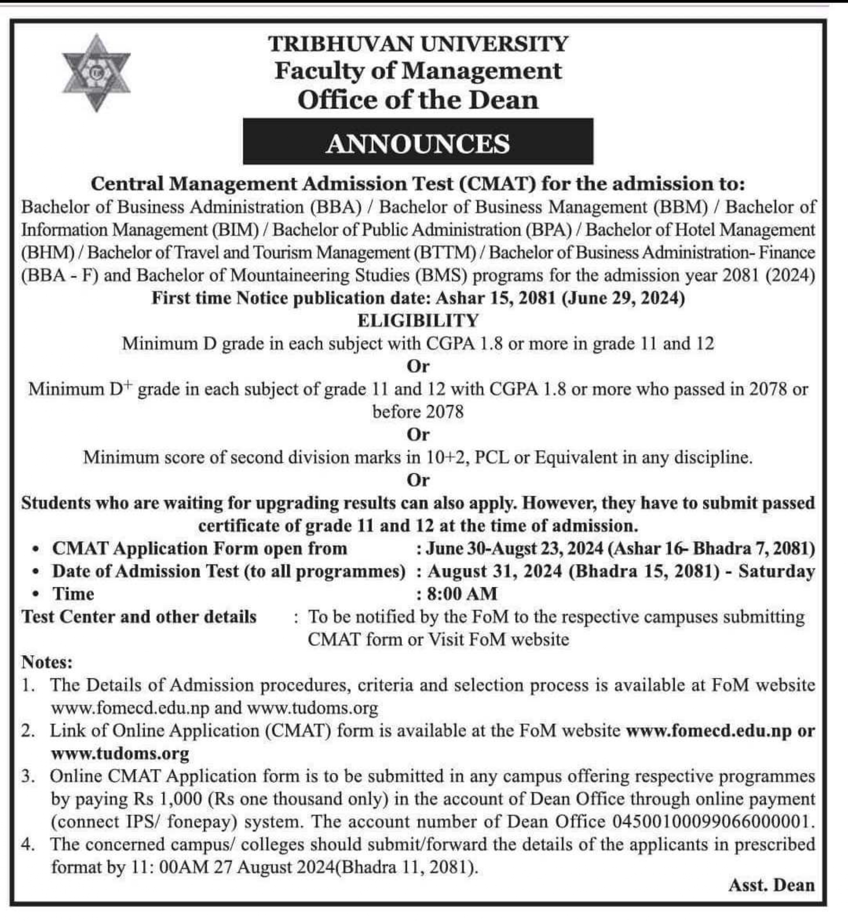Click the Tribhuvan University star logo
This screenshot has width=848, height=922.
pyautogui.click(x=96, y=73)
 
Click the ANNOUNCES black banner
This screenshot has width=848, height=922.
pyautogui.click(x=417, y=142)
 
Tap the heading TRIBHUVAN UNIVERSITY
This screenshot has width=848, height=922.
pyautogui.click(x=418, y=44)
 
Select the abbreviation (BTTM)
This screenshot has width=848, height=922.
pyautogui.click(x=445, y=252)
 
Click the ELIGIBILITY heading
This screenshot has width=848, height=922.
pyautogui.click(x=418, y=321)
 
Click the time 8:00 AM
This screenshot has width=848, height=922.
pyautogui.click(x=462, y=594)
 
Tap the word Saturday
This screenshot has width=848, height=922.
pyautogui.click(x=776, y=571)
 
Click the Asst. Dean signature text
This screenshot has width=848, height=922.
pyautogui.click(x=771, y=885)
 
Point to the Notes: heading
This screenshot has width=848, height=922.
pyautogui.click(x=47, y=662)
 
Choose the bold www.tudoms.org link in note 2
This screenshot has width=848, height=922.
pyautogui.click(x=120, y=753)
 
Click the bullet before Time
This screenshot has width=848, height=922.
pyautogui.click(x=35, y=594)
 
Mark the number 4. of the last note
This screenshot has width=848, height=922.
pyautogui.click(x=28, y=845)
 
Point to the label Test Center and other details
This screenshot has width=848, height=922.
pyautogui.click(x=139, y=617)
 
